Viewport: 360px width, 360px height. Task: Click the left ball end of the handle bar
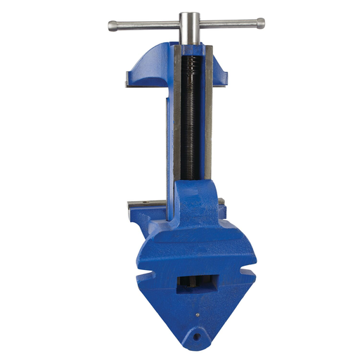(x=112, y=26)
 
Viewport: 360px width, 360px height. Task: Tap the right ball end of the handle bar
(x=261, y=22)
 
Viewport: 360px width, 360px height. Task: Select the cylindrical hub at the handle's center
(x=188, y=26)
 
